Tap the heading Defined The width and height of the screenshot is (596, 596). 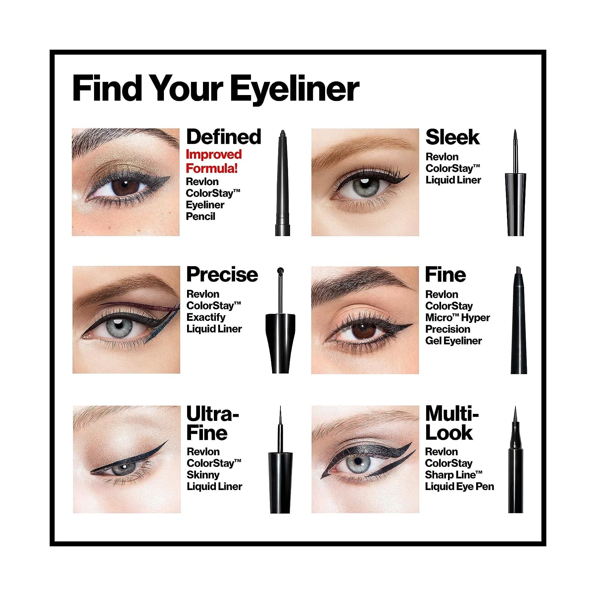click(224, 137)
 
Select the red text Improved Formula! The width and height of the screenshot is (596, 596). click(214, 161)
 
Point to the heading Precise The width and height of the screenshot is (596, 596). click(222, 274)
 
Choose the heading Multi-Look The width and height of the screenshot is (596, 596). click(452, 423)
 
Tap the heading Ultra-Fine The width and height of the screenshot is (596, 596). click(212, 423)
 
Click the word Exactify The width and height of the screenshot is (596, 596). click(206, 317)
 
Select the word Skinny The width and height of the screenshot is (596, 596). click(203, 475)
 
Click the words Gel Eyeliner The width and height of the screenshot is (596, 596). click(454, 341)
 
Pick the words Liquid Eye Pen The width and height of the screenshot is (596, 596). click(460, 486)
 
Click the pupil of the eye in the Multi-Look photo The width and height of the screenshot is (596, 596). click(358, 461)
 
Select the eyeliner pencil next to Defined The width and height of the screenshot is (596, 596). click(282, 183)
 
